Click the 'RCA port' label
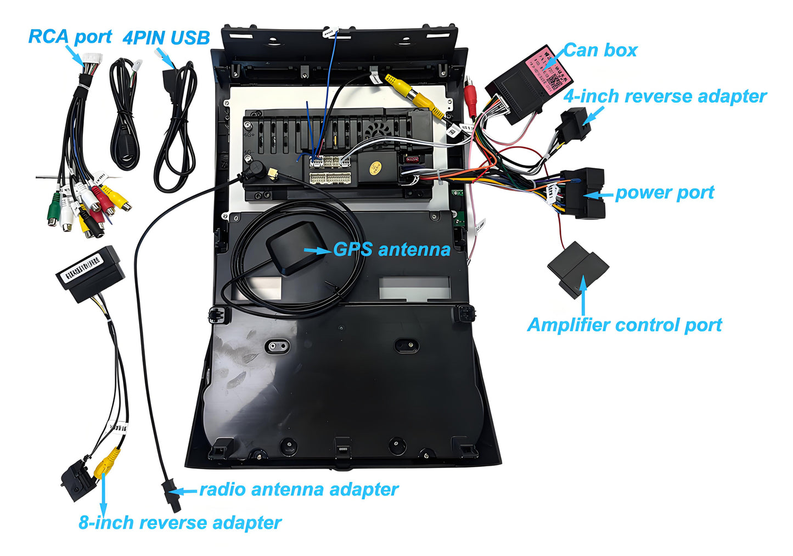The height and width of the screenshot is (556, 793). click(70, 37)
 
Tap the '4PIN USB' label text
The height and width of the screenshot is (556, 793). click(166, 38)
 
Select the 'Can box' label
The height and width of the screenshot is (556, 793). click(600, 51)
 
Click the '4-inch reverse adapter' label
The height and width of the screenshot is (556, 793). click(665, 97)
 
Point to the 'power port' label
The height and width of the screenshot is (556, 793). click(664, 193)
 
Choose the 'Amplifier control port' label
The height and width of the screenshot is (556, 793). click(624, 325)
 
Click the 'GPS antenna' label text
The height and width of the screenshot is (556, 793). click(392, 249)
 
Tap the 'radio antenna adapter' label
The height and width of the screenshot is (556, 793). click(299, 490)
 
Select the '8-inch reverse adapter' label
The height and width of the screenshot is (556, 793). click(180, 522)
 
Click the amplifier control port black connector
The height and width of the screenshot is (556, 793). click(577, 269)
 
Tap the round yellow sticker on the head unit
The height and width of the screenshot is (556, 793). click(375, 166)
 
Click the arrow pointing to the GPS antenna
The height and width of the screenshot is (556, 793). click(317, 251)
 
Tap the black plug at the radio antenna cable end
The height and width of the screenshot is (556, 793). click(170, 494)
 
